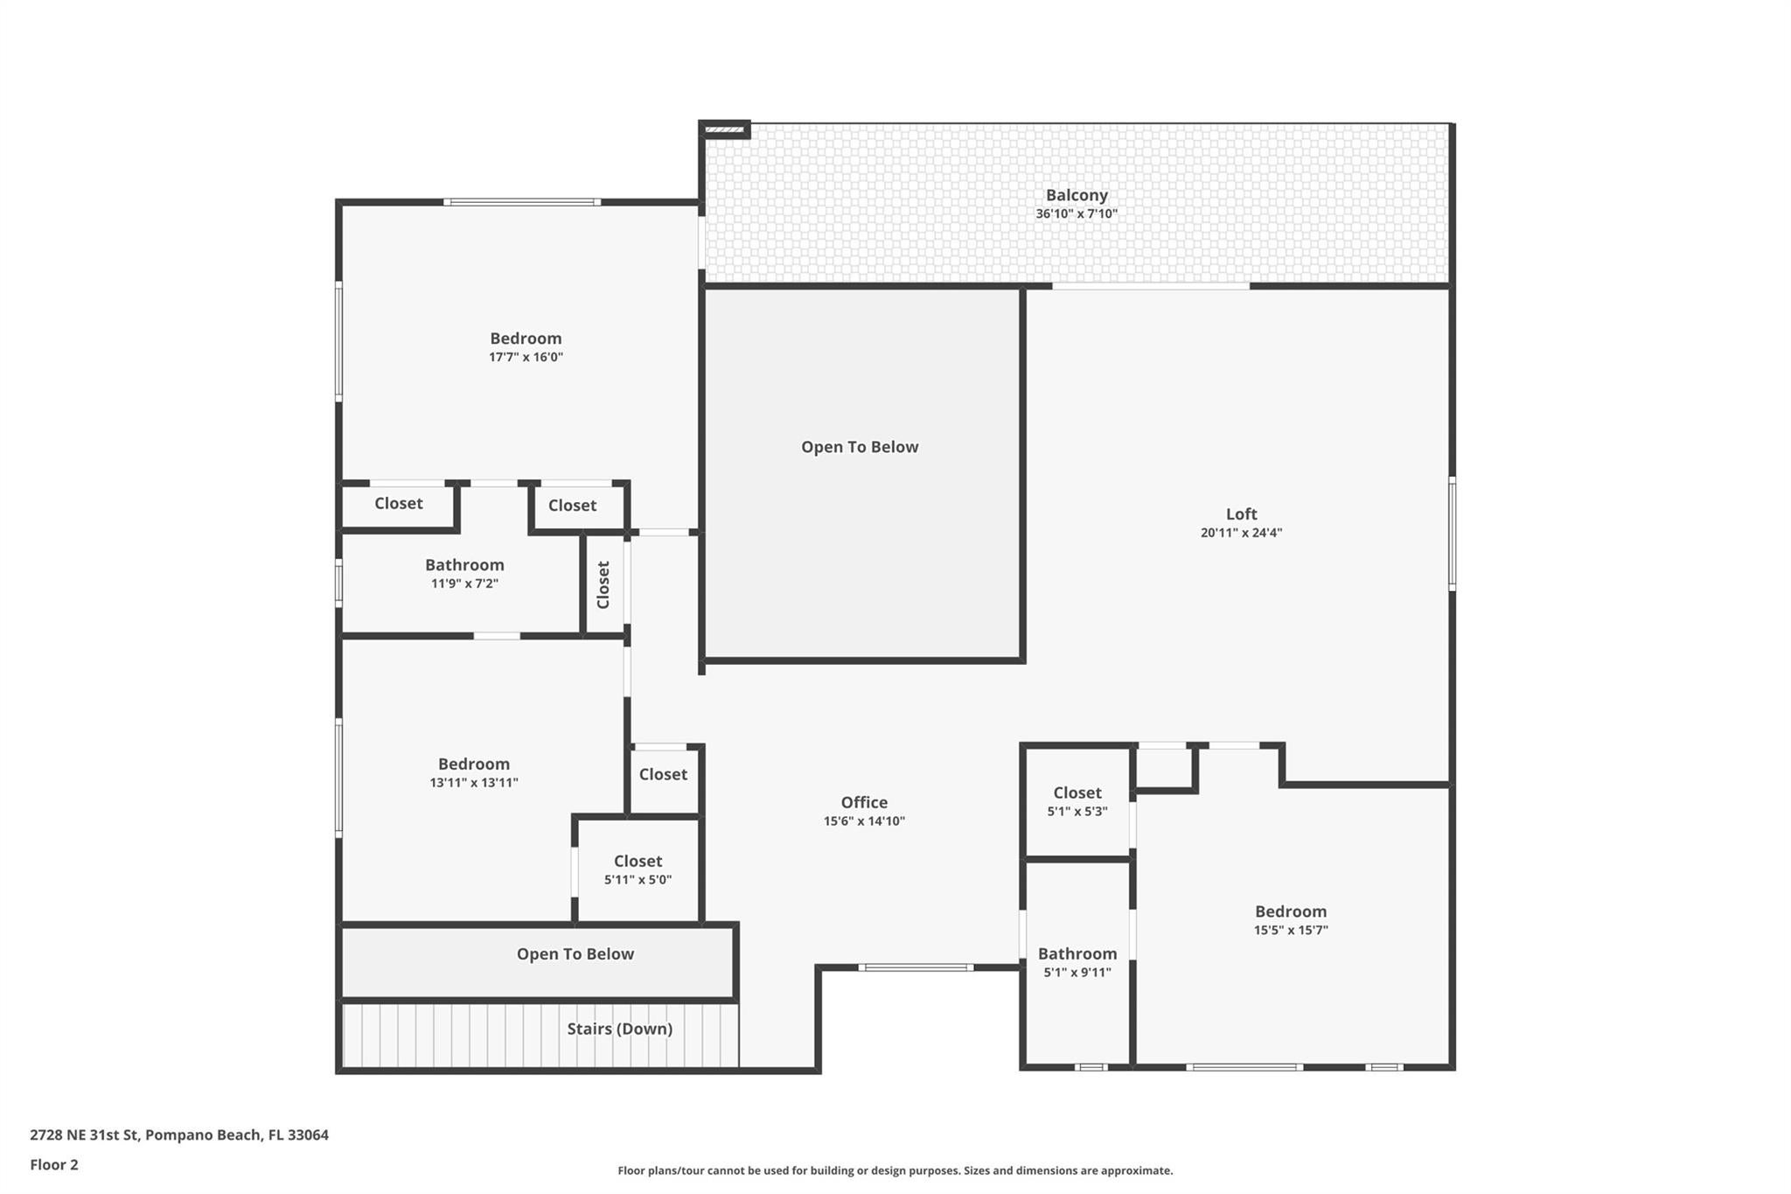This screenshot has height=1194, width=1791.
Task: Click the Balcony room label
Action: [1077, 195]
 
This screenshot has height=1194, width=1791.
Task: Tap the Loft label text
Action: [1241, 514]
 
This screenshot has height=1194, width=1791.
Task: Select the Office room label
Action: [864, 802]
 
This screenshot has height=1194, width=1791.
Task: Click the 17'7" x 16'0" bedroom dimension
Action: [526, 357]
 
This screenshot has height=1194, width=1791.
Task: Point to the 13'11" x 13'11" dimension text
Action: [474, 783]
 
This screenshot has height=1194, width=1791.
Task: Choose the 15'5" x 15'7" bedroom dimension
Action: [1291, 930]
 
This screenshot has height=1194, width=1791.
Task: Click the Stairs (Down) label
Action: [619, 1029]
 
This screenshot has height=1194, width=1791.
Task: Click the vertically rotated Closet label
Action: [603, 584]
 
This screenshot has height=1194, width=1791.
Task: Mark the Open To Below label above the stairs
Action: [575, 953]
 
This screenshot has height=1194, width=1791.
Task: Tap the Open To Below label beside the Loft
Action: [860, 447]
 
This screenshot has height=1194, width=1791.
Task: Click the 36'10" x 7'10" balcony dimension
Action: [1077, 213]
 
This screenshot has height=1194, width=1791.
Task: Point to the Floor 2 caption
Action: [54, 1164]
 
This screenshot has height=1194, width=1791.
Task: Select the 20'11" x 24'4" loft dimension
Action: [1241, 533]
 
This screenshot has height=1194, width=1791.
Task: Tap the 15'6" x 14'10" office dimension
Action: [864, 821]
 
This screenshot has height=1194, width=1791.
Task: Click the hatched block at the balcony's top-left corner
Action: [724, 130]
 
